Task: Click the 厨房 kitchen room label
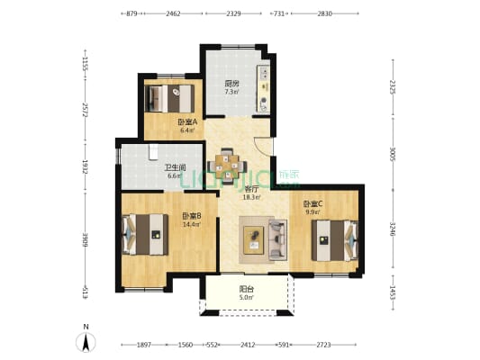click(231, 84)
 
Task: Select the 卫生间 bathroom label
click(175, 167)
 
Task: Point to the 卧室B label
click(191, 216)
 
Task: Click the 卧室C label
click(313, 204)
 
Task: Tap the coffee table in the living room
click(254, 240)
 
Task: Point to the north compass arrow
click(86, 342)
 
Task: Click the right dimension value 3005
click(394, 153)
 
